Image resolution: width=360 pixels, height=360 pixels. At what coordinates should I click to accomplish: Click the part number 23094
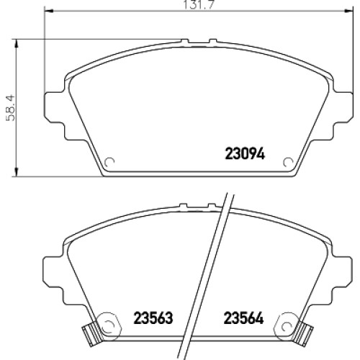[245, 153]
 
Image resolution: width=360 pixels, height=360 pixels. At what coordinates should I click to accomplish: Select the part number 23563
[153, 318]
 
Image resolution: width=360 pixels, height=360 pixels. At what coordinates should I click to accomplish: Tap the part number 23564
[243, 318]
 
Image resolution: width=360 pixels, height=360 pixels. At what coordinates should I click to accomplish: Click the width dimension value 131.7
[198, 5]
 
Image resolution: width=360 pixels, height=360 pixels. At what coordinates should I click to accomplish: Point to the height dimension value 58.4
[11, 108]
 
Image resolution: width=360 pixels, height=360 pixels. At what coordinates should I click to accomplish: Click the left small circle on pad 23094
[109, 162]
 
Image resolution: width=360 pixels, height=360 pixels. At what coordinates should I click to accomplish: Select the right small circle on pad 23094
[288, 163]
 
